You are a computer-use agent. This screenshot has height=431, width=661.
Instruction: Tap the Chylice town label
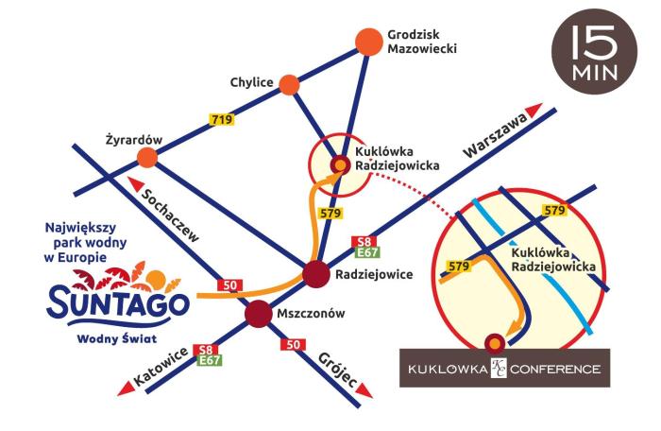click(x=251, y=83)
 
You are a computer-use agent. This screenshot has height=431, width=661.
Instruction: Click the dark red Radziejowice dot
click(x=315, y=275)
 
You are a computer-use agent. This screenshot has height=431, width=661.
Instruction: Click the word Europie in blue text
click(x=94, y=258)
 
